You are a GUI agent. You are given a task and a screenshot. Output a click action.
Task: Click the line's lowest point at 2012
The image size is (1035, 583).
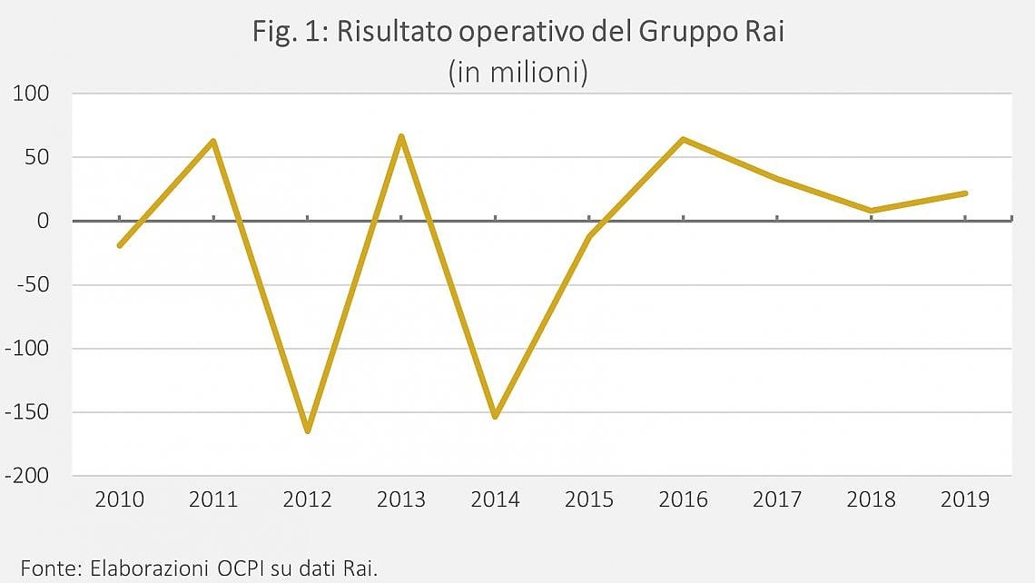[308, 431]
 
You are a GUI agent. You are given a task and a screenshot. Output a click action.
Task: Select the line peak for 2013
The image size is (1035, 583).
[401, 136]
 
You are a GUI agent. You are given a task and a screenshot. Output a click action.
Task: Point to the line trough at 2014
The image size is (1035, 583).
[495, 417]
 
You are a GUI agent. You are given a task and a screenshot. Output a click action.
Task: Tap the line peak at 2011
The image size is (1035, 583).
[213, 141]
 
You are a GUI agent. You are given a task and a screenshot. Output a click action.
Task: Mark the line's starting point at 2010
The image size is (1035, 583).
[120, 245]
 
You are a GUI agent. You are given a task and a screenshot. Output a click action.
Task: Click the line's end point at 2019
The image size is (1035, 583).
[965, 193]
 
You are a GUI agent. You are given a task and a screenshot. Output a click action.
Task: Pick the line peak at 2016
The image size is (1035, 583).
[683, 139]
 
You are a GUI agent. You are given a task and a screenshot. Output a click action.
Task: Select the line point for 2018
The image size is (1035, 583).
[872, 211]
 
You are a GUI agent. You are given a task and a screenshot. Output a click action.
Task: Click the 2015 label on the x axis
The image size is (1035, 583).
[589, 499]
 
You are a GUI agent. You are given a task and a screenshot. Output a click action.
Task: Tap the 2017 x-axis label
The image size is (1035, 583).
[777, 499]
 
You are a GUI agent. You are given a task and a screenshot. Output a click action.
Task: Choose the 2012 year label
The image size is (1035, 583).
[308, 499]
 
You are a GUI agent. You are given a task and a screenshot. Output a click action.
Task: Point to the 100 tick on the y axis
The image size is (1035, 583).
[31, 94]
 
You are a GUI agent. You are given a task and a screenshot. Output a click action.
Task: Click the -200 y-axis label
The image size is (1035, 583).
[27, 475]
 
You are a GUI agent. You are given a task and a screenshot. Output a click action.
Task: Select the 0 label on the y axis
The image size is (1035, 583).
[43, 221]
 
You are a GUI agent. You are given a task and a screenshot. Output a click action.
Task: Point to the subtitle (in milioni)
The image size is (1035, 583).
[518, 72]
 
